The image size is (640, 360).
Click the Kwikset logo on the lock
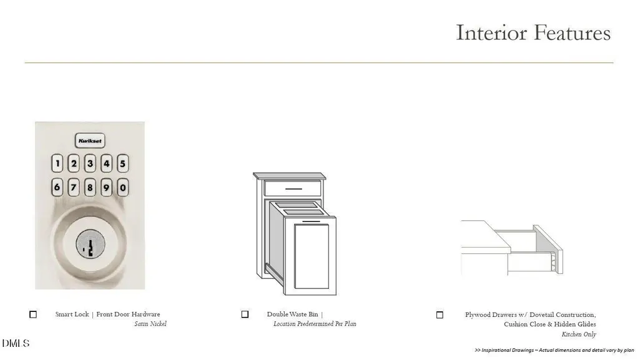[90, 140]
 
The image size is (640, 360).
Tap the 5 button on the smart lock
[122, 163]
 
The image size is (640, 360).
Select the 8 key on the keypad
[90, 188]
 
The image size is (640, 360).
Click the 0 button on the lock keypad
[122, 188]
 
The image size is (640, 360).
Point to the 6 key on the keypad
[57, 188]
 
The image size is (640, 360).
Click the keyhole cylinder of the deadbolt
[90, 244]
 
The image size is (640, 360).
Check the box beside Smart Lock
[33, 314]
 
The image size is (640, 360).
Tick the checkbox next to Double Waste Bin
[245, 314]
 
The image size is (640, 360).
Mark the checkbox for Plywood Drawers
[440, 314]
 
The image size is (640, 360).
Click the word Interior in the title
[491, 32]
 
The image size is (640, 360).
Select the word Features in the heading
[572, 32]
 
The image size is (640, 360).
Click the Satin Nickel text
[150, 324]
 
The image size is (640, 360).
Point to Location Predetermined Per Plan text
[315, 324]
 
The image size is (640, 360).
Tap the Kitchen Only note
[579, 334]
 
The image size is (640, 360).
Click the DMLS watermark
[16, 343]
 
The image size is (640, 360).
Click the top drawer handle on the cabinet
[293, 189]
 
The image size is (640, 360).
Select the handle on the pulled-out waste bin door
[311, 221]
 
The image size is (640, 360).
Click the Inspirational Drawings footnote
[554, 350]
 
